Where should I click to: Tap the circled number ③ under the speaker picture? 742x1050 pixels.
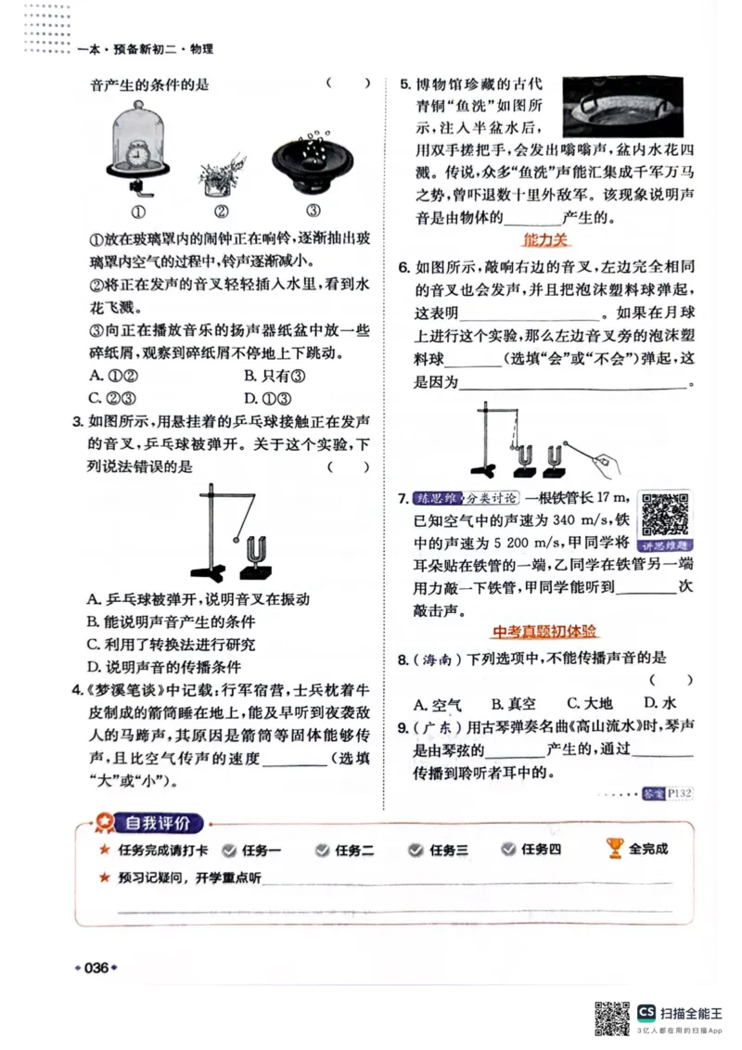click(x=313, y=210)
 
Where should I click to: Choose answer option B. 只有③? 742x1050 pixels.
click(x=275, y=376)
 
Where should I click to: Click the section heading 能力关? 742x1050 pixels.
click(x=545, y=239)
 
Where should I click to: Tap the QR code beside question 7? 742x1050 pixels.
click(x=665, y=512)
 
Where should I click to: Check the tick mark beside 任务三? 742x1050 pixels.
click(x=416, y=849)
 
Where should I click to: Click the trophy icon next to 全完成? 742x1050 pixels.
click(x=614, y=847)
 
